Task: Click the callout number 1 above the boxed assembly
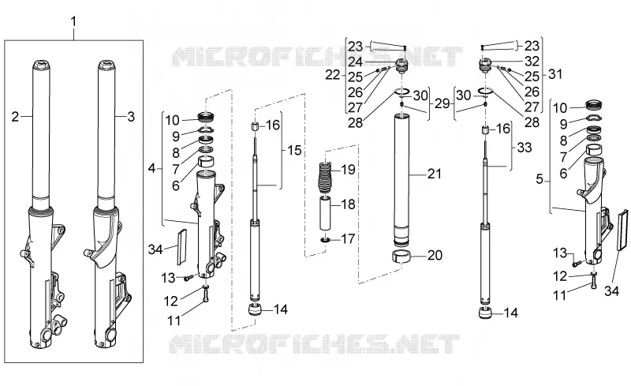(x=73, y=22)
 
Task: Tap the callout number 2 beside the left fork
(x=15, y=117)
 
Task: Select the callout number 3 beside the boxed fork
(x=131, y=117)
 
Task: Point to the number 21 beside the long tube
(x=435, y=174)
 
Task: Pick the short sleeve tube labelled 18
(x=327, y=213)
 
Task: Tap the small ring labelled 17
(x=326, y=241)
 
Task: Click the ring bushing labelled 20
(x=402, y=257)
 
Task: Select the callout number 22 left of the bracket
(x=333, y=74)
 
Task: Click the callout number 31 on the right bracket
(x=555, y=74)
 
